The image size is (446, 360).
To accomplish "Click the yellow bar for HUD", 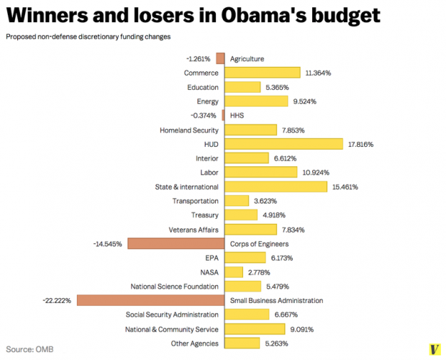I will pos(284,144).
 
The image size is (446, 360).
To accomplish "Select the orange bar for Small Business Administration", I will pos(150,300).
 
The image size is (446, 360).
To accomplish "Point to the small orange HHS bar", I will pos(223,115).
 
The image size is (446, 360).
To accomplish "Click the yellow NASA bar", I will pos(234,272).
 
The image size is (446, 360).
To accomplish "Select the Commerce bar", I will pos(263,73).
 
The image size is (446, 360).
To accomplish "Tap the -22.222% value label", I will pos(57,300).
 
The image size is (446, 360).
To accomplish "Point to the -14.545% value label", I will pos(107,243).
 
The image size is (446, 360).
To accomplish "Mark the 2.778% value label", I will pos(260,272).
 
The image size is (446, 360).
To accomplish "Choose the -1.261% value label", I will pos(196,58).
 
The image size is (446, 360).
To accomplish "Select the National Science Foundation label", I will pos(174,286).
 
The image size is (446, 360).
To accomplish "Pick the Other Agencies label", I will pos(194,343).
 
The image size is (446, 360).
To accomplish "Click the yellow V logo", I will pos(434,348).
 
